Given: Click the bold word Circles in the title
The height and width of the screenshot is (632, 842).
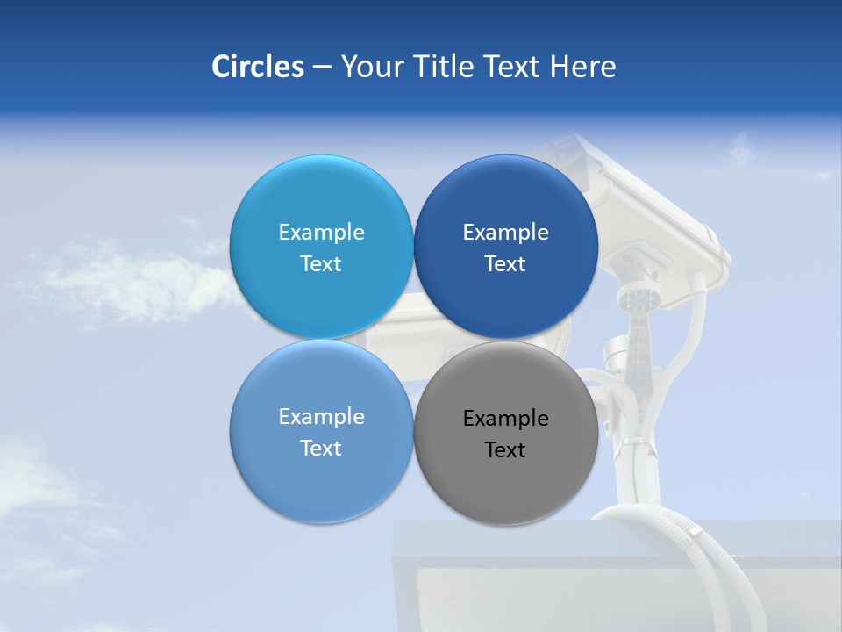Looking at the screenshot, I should point(257,67).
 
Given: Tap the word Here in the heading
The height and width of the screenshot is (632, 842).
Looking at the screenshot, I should point(582,67).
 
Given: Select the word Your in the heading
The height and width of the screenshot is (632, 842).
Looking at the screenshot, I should point(371,67).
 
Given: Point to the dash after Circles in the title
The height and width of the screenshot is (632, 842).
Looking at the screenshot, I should point(322,67).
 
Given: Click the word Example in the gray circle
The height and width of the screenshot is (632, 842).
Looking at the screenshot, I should point(505,419).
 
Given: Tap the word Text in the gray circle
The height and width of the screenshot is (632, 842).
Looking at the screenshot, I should point(505,450).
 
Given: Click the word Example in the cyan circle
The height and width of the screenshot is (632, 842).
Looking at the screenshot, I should point(321,233).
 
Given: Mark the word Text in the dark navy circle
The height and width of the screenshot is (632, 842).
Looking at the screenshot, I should point(505,264).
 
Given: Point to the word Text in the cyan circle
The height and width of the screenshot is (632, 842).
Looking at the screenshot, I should point(321,264).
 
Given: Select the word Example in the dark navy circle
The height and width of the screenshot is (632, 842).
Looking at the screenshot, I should point(505,233).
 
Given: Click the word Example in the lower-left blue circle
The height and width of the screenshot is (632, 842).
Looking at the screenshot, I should point(321,417).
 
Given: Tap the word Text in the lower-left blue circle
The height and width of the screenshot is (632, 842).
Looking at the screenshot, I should point(321,449).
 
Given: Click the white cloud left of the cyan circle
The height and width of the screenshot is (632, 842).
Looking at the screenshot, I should point(132,281).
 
